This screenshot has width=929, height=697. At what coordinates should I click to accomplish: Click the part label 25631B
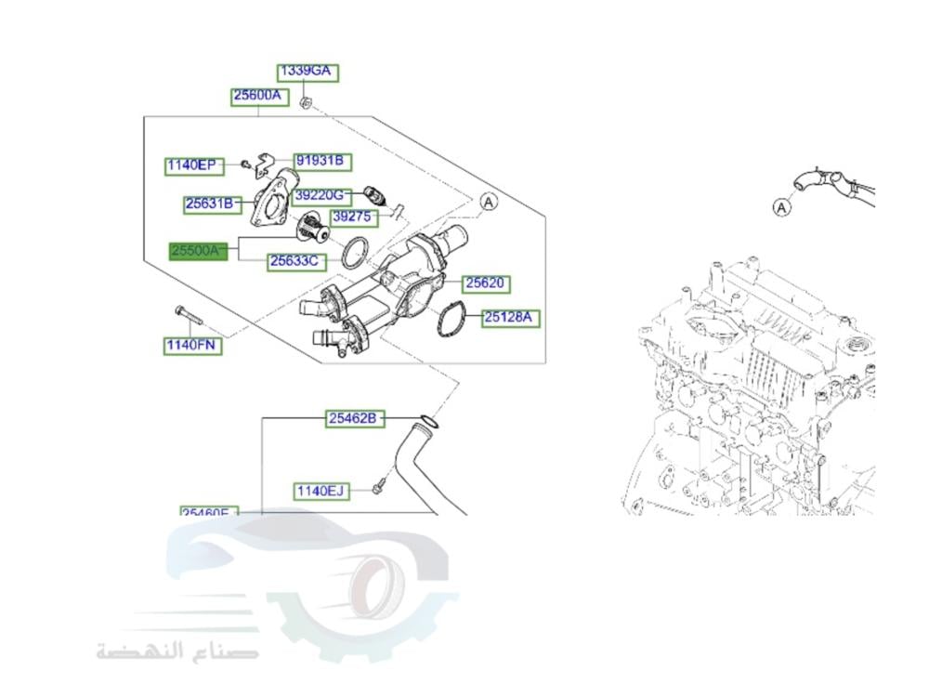213,203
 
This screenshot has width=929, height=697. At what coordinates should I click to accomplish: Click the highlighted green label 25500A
197,251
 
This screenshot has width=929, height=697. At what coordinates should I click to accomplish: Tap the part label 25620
487,283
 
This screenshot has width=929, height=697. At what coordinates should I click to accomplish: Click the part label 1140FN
192,347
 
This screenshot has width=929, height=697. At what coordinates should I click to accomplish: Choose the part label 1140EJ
321,490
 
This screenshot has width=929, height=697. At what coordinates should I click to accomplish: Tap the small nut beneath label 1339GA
307,100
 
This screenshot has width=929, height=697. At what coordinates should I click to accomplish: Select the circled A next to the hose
782,207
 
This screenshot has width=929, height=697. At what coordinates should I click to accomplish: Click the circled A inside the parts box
490,200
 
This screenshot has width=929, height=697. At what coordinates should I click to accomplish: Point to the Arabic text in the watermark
177,650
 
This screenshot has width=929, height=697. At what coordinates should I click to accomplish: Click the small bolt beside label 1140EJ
379,486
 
